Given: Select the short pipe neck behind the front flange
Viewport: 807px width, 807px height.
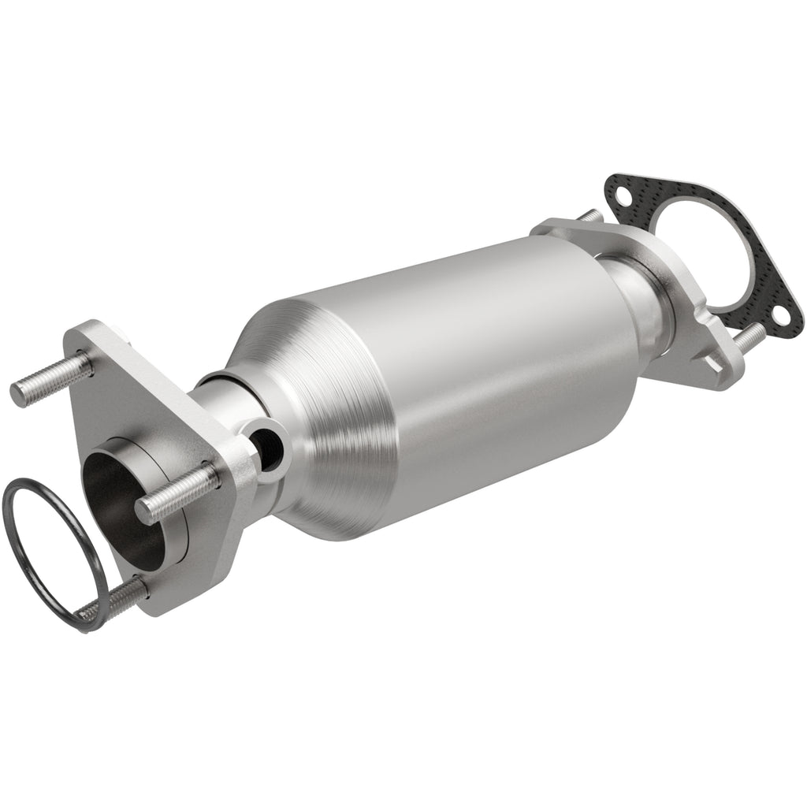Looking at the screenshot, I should (x=225, y=410).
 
